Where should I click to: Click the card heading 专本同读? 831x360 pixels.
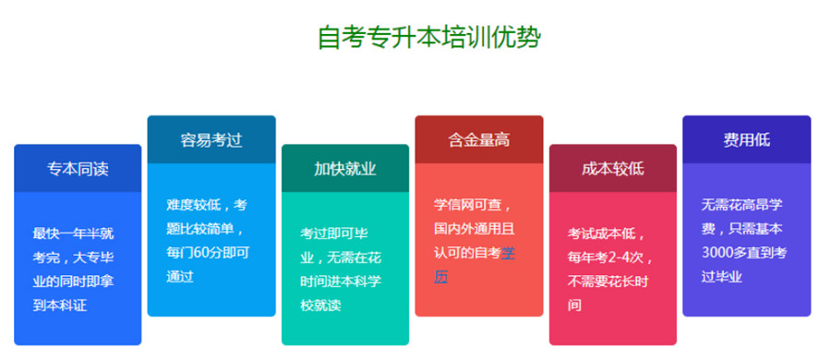(78, 169)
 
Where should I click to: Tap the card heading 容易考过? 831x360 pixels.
(211, 140)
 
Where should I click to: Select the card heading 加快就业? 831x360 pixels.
(344, 169)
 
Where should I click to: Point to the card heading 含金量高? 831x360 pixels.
(478, 140)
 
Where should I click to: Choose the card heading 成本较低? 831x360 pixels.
(612, 169)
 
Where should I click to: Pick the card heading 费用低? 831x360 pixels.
(746, 140)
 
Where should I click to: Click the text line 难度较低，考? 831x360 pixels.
(207, 205)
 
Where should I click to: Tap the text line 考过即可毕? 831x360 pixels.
(338, 233)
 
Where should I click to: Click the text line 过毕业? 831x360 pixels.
(723, 275)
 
